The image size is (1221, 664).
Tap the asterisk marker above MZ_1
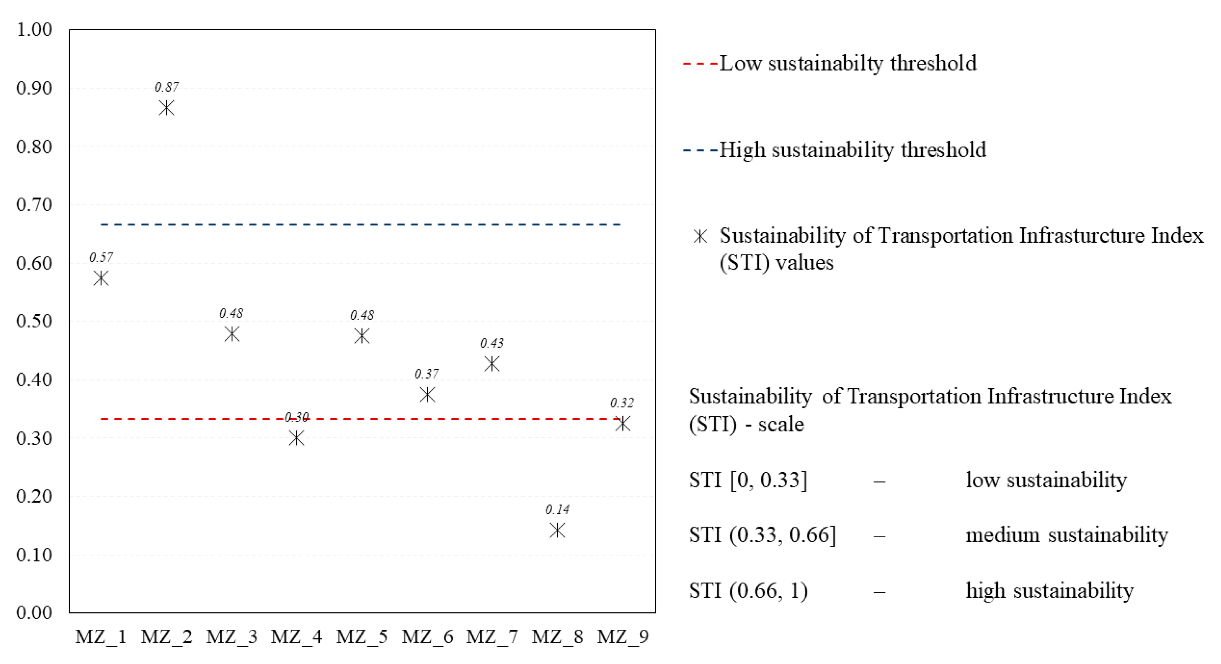coord(101,278)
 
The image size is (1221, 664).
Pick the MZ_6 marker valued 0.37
coord(427,394)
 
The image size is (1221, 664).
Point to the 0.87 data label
coord(167,87)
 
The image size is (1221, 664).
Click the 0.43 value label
coord(492,343)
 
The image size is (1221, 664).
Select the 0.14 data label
coord(558,509)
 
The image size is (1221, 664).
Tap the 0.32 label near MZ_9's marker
coord(622,403)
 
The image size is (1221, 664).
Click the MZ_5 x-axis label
coord(362,636)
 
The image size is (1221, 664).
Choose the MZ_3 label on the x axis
coord(231,636)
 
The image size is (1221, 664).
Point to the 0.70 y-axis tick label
coord(34,205)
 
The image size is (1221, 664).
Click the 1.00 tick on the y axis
coord(34,29)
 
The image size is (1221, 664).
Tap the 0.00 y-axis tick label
coord(34,612)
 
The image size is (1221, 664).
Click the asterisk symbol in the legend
coord(700,236)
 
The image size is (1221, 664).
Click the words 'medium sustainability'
coord(1066,535)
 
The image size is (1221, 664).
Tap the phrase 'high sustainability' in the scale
coord(1049,590)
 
